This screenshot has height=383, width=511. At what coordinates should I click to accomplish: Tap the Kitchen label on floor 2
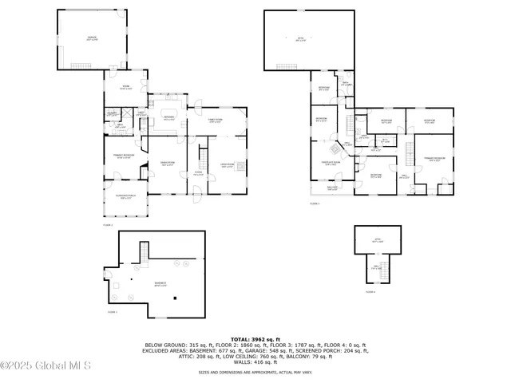tap(168, 118)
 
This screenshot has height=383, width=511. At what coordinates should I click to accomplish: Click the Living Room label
tap(227, 166)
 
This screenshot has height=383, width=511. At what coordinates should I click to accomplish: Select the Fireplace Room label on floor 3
tap(331, 166)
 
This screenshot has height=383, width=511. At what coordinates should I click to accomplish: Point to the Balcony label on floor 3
tap(332, 189)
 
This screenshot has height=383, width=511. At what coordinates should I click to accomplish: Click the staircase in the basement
tap(141, 253)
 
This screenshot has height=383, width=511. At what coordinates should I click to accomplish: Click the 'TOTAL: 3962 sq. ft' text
tap(255, 339)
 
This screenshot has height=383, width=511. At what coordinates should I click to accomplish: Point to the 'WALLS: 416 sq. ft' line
tap(255, 362)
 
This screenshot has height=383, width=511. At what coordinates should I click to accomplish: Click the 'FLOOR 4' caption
tap(370, 292)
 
